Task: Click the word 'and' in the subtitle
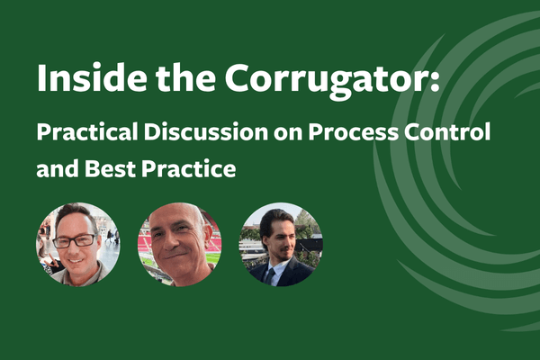click(x=54, y=167)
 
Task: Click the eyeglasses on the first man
click(x=76, y=240)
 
